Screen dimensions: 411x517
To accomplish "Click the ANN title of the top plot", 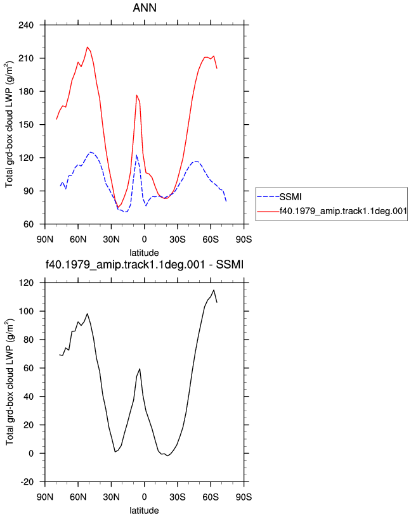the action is coord(145,8).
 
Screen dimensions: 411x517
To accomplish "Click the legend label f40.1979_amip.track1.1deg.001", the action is coord(343,211).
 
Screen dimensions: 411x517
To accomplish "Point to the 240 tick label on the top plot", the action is coord(26,25).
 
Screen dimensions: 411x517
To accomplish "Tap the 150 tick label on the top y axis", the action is coord(26,125).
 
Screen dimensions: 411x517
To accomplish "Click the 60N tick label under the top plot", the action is coord(78,239).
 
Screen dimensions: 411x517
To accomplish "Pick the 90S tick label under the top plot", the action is coord(244,239).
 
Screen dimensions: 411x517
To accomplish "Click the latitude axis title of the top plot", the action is coord(144,253).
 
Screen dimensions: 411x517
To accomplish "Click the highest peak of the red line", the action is coord(88,47).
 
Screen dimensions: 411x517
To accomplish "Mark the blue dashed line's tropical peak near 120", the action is coord(136,155).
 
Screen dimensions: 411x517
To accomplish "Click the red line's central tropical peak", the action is coord(136,95).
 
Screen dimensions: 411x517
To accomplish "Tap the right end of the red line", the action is coord(217,68).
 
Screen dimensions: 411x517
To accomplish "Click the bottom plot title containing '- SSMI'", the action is coord(145,264).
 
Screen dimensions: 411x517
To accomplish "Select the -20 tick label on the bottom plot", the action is coord(27,482).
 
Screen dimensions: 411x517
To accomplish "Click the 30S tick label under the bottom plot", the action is coord(177,497).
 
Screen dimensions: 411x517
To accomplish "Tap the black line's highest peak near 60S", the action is coord(214,290).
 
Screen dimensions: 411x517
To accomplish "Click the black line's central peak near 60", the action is coord(140,369).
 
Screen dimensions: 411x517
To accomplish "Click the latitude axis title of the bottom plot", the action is coord(144,511).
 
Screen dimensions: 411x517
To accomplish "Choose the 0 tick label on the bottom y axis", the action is coord(31,454).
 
